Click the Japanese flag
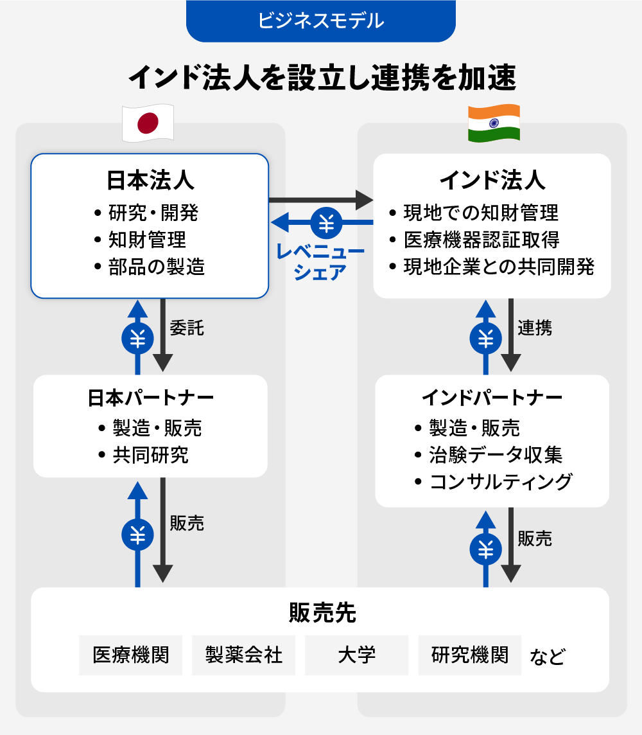(148, 123)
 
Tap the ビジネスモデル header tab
(320, 21)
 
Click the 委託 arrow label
(187, 328)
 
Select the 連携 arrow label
(535, 328)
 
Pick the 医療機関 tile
(131, 655)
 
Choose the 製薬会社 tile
(243, 655)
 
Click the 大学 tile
(356, 655)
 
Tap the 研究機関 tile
(470, 655)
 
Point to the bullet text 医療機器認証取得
(481, 240)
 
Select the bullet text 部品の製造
(157, 267)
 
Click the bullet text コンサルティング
(500, 481)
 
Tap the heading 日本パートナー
(150, 398)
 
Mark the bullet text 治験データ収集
(496, 455)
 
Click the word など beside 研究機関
(547, 657)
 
